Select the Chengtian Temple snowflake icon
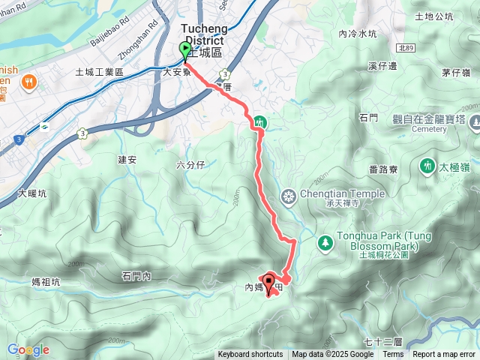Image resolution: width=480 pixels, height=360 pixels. pos(288,197)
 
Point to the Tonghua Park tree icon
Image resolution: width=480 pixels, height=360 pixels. pos(325,242)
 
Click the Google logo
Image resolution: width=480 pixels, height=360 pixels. pos(28,349)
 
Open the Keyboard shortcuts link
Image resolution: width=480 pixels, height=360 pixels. pos(250,355)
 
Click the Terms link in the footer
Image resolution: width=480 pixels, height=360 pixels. pos(393,355)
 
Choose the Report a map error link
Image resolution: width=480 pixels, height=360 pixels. pos(444,355)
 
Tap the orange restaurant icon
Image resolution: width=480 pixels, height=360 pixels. pos(29,80)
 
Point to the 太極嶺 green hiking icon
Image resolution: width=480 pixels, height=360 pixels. pos(427,164)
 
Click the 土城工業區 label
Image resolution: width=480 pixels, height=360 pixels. pos(100,72)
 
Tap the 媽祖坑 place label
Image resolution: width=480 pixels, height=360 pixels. pos(46,281)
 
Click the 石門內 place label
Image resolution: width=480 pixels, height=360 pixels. pos(136,277)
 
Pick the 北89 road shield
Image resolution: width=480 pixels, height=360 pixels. pos(406,47)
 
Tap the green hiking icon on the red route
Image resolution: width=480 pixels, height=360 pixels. pos(259,121)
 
